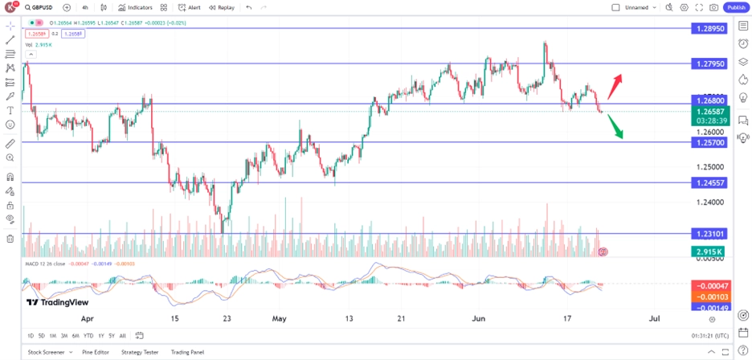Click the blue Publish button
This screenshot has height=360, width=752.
pos(736,7)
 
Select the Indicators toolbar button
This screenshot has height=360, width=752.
pos(135,7)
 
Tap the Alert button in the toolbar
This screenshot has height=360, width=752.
pos(190,7)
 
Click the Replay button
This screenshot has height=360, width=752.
pos(222,7)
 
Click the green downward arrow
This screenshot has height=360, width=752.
pos(616,127)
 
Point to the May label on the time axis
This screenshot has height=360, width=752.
pos(279,319)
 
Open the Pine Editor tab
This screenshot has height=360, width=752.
pos(95,352)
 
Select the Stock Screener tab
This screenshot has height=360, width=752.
pos(47,352)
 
